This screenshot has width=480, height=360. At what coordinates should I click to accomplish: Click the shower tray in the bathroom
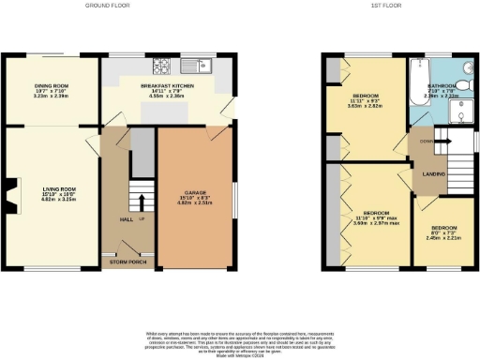461,112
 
